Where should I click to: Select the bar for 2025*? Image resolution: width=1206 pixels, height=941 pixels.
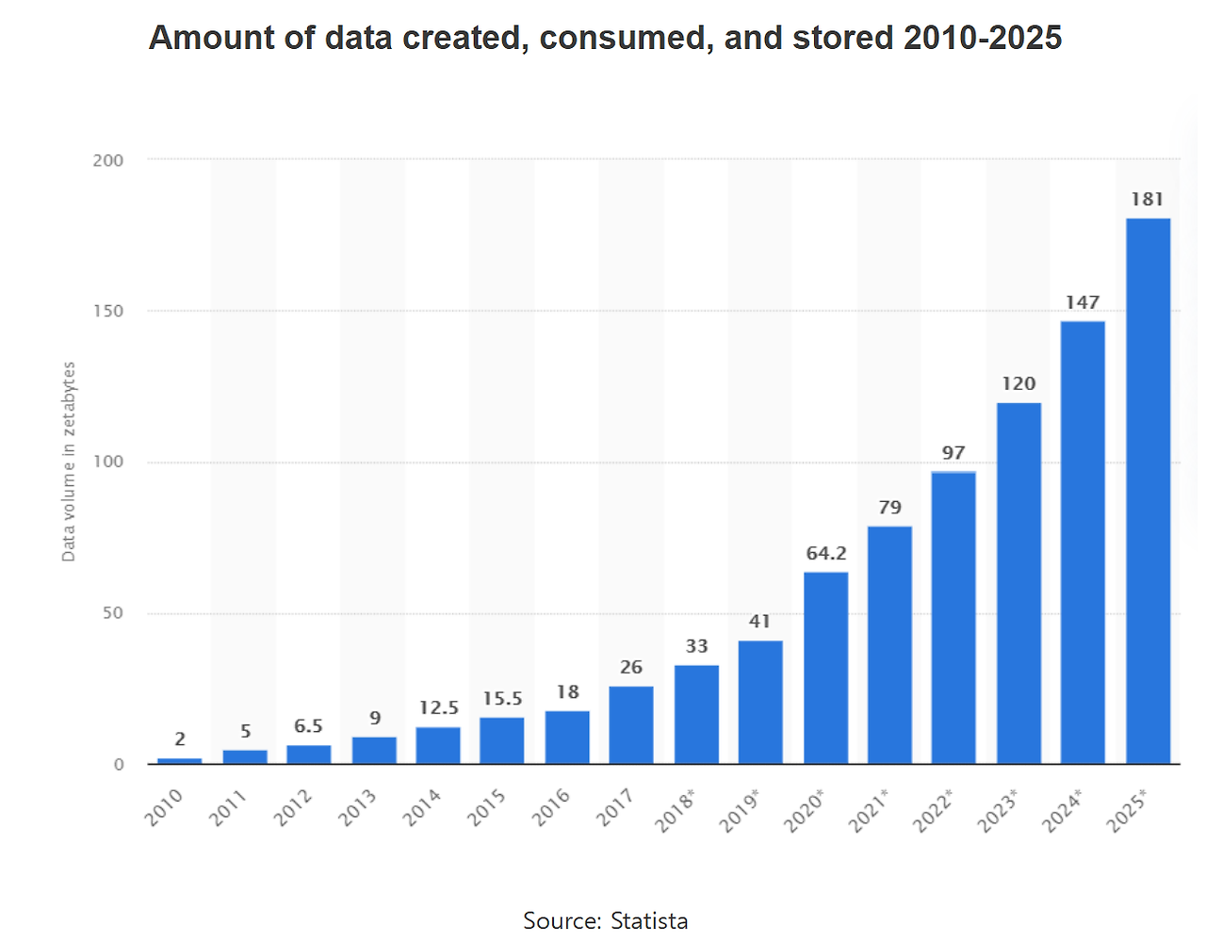(1148, 491)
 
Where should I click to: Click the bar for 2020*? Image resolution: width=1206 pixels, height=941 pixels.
(825, 668)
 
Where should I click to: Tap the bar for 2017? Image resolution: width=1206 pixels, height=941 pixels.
(630, 724)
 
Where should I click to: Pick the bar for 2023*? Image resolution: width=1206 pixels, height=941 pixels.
(1019, 583)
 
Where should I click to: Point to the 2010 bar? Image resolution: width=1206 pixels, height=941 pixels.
(179, 760)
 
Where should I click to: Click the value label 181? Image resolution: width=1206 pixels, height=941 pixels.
(1148, 200)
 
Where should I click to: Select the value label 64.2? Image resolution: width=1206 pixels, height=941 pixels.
(826, 554)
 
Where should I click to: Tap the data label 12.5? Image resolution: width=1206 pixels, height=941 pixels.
(439, 708)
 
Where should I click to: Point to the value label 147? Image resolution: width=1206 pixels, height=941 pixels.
(1083, 302)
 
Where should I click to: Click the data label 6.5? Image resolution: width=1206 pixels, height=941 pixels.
(308, 726)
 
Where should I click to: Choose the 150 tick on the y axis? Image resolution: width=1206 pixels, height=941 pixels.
(108, 312)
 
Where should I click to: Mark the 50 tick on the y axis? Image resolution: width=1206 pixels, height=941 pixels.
(113, 613)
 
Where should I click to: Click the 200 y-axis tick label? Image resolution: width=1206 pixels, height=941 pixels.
(108, 161)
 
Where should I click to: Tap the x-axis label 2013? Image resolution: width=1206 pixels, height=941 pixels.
(358, 807)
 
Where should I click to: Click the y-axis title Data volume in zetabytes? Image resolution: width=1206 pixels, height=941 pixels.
(68, 462)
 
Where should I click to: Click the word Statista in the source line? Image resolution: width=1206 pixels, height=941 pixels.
(649, 921)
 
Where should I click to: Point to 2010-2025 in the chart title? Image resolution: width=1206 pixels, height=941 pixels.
(983, 38)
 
